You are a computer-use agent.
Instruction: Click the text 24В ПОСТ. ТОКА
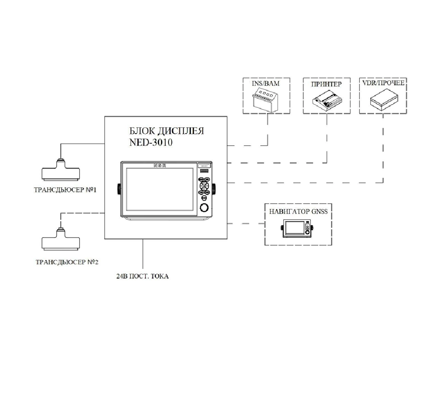click(x=143, y=276)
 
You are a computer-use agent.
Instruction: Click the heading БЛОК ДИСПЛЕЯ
click(x=167, y=131)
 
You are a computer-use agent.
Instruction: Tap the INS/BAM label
click(x=266, y=83)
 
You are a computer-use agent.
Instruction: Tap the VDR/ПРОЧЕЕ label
click(x=383, y=83)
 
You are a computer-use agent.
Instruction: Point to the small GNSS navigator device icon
click(x=298, y=228)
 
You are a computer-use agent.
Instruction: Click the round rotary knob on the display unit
click(x=204, y=208)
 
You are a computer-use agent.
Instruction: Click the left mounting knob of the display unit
click(x=118, y=189)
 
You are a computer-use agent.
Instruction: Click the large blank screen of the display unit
click(x=158, y=189)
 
